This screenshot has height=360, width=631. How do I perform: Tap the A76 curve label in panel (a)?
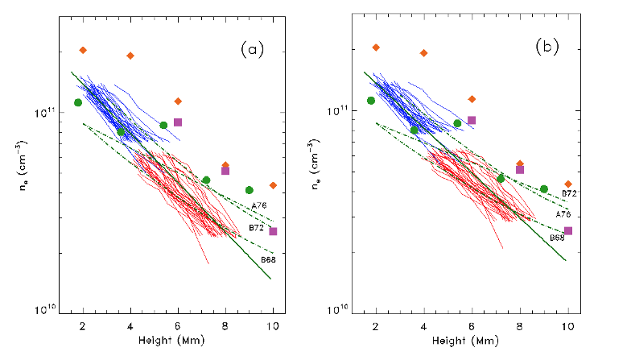(x=259, y=206)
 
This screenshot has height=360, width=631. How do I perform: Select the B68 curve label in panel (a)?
(x=268, y=259)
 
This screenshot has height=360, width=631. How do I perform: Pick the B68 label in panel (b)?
(x=557, y=238)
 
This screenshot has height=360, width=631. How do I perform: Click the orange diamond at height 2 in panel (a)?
(x=83, y=50)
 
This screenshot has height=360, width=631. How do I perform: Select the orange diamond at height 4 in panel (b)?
(x=424, y=53)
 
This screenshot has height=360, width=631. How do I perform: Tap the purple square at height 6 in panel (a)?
(x=178, y=122)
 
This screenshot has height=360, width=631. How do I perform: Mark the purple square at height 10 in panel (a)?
(x=274, y=231)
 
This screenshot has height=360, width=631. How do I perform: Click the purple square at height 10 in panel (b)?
(x=568, y=230)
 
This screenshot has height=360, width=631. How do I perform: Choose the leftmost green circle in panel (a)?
(x=78, y=102)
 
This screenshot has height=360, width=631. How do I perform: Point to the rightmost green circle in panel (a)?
(x=249, y=190)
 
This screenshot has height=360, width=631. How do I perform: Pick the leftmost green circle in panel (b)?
(x=371, y=101)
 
